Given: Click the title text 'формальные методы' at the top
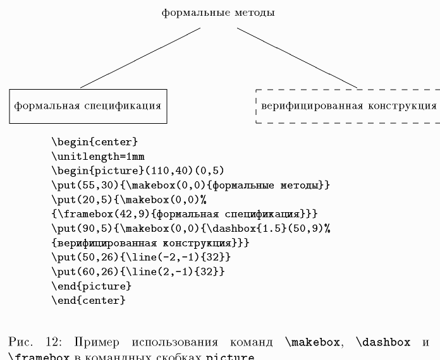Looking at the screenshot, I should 218,13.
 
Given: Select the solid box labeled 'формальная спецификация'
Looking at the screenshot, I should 89,105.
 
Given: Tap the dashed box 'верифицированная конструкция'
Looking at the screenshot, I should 348,106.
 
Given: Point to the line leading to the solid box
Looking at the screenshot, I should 140,57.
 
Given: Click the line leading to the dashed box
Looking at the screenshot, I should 297,57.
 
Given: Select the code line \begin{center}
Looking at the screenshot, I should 94,142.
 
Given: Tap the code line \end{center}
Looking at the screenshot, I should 89,301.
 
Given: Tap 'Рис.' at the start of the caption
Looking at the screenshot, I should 21,342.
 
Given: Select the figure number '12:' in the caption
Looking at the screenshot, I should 53,342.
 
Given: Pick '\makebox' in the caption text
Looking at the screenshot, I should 313,342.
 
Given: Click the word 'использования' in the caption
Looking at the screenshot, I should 169,342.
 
